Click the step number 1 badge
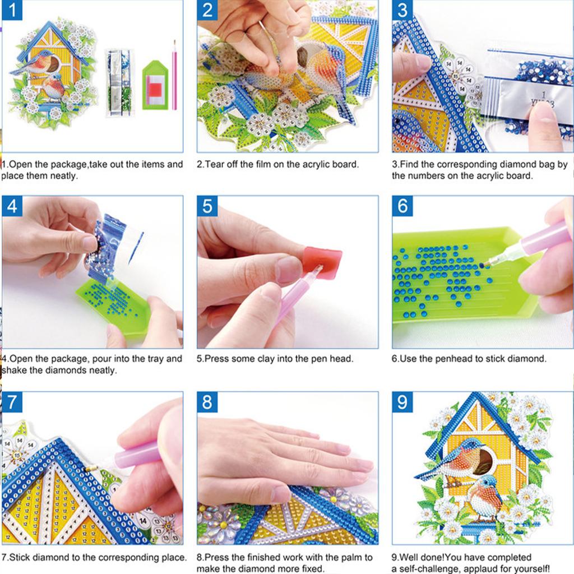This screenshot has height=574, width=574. (12, 11)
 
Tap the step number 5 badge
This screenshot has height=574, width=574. (207, 206)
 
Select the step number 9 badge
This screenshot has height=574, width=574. (402, 402)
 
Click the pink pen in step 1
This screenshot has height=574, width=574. (174, 75)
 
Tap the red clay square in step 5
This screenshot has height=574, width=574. (323, 262)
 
